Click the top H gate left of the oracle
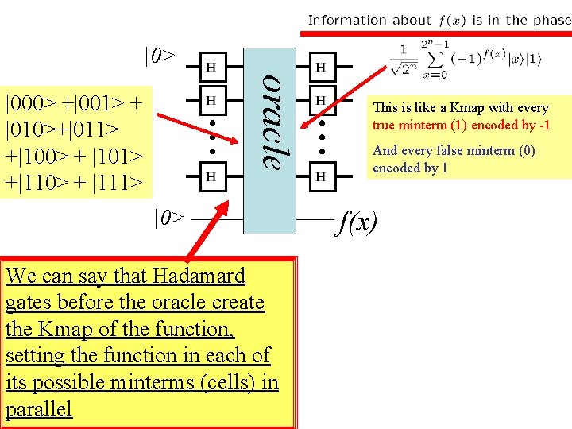point(211,68)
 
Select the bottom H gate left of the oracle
point(211,176)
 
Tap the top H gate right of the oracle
point(320,68)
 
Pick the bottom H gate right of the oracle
point(320,176)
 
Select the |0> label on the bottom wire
point(169,217)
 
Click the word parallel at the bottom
point(38,409)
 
